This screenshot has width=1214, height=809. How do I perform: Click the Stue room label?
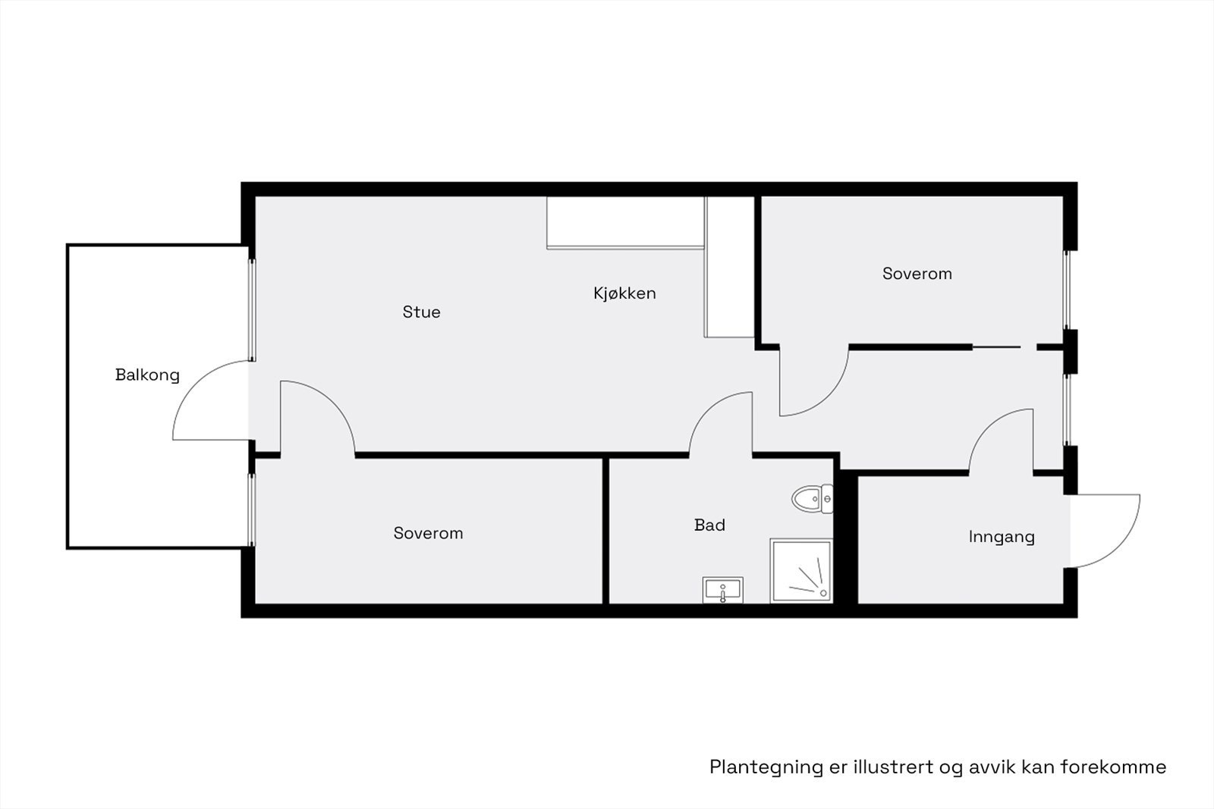tap(421, 312)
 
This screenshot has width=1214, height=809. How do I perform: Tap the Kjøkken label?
tap(624, 293)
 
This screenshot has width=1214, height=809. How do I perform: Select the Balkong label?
tap(147, 375)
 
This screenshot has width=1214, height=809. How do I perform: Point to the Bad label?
tap(709, 525)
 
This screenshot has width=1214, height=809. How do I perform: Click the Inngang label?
tap(1002, 537)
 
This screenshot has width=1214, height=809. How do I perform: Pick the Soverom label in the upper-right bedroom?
tap(917, 274)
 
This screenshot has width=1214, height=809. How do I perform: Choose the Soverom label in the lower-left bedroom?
tap(428, 533)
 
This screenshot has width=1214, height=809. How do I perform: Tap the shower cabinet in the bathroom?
tap(801, 571)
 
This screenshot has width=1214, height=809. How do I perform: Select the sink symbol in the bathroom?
tap(722, 589)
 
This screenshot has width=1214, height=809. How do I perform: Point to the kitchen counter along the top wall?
tap(625, 221)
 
